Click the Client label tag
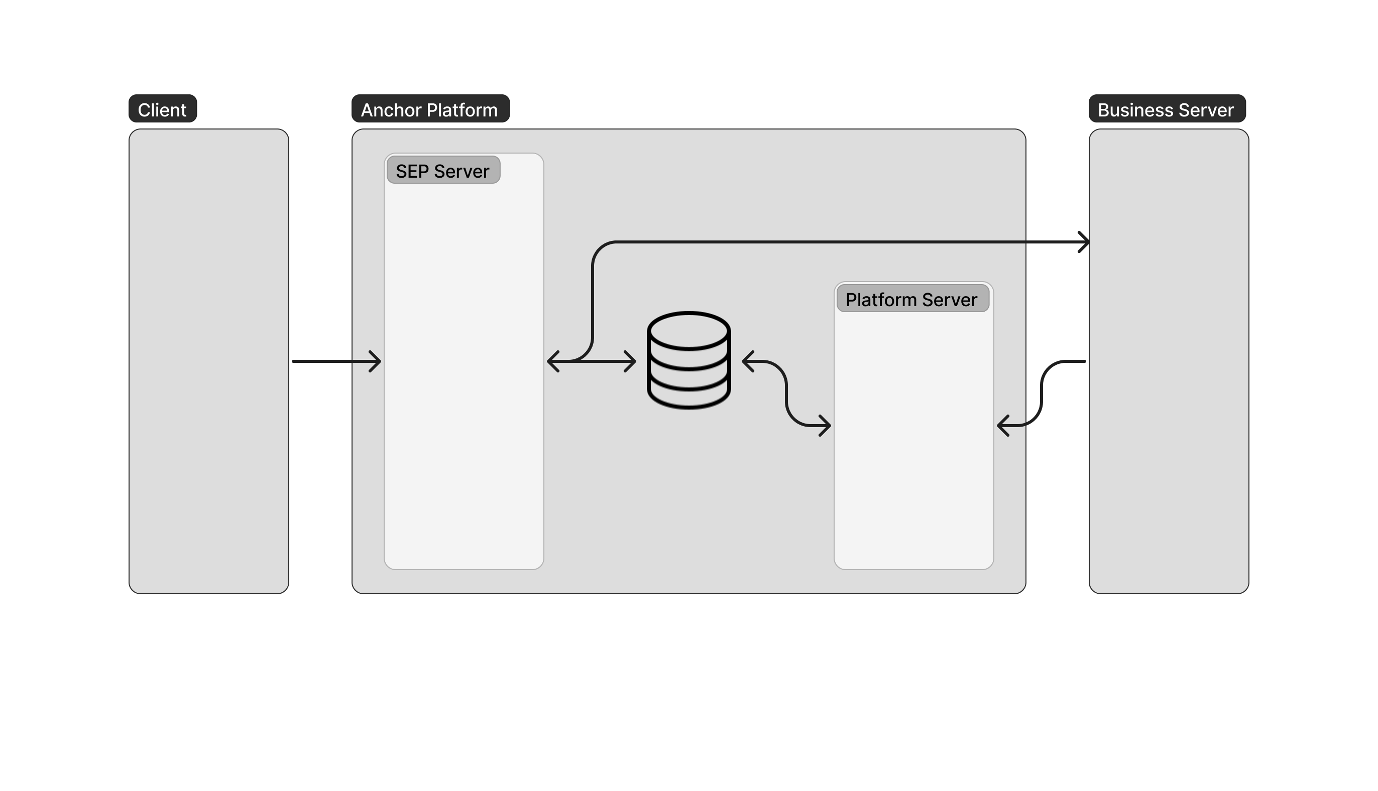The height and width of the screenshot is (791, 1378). point(162,109)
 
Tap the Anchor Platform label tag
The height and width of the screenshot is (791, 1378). point(430,109)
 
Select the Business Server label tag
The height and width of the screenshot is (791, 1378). point(1167,109)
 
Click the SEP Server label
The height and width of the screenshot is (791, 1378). point(442,171)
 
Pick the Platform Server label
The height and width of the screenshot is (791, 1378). point(911,299)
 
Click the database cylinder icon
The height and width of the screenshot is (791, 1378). point(688,360)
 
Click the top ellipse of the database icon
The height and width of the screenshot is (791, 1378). point(688,330)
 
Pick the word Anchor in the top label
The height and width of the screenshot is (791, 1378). point(391,110)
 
